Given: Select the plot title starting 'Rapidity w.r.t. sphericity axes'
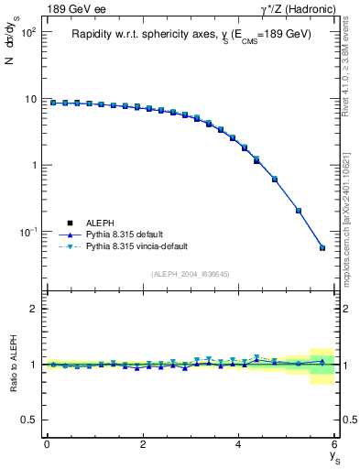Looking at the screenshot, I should pyautogui.click(x=191, y=34).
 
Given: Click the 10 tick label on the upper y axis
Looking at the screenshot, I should pyautogui.click(x=29, y=99).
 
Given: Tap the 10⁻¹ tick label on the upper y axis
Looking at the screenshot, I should pyautogui.click(x=26, y=232).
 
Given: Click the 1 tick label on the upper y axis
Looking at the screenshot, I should pyautogui.click(x=33, y=166).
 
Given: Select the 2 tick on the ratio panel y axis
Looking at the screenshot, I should pyautogui.click(x=33, y=309).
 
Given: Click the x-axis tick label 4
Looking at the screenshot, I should pyautogui.click(x=239, y=445).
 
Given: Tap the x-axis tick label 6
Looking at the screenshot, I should pyautogui.click(x=335, y=445).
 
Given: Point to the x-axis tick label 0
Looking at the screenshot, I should pyautogui.click(x=47, y=445).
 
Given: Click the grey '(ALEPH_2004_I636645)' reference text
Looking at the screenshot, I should pyautogui.click(x=191, y=273).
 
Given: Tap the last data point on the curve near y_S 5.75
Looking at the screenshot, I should pyautogui.click(x=322, y=247).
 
